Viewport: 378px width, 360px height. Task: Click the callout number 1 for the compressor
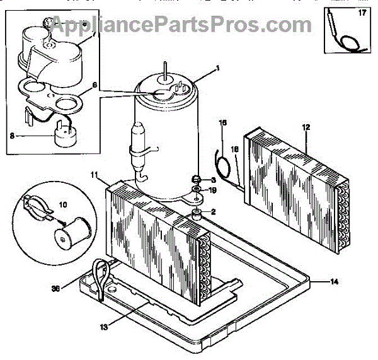click(217, 67)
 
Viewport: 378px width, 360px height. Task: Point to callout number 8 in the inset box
click(11, 134)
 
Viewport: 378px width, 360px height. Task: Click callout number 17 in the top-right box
click(362, 12)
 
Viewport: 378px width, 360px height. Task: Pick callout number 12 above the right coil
click(306, 127)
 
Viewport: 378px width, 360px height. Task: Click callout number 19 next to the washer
click(213, 190)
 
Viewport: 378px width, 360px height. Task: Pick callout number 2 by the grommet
click(213, 211)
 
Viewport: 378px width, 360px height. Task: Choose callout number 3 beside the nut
click(213, 180)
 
